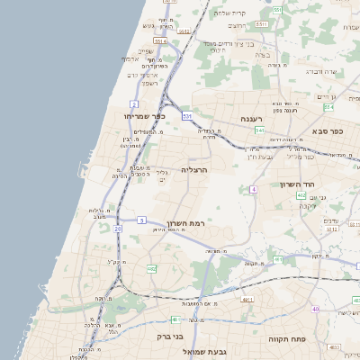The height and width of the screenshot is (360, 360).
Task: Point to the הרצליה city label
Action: click(194, 169)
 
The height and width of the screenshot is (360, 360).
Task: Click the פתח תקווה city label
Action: click(287, 340)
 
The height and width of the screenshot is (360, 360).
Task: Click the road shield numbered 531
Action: click(187, 116)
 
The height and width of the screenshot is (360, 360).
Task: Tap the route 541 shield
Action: click(259, 130)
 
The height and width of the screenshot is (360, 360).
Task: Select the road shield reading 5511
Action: click(160, 40)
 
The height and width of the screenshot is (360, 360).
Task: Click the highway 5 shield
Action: click(142, 220)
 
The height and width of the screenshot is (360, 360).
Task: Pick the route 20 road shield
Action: click(118, 229)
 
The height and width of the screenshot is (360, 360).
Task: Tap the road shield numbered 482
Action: click(151, 268)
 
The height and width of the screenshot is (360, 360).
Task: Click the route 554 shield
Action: click(278, 11)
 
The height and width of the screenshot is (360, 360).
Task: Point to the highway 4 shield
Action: click(255, 189)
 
